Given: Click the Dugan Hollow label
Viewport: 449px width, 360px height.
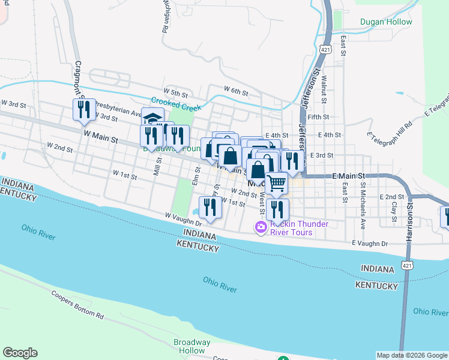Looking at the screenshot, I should tap(386, 22).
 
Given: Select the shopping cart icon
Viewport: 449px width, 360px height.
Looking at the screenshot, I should tap(276, 183).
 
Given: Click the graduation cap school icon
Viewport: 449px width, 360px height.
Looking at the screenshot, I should tap(152, 116).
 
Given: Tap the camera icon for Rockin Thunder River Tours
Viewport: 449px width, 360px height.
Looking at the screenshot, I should tap(261, 227).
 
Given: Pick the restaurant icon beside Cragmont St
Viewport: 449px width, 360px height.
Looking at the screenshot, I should tap(83, 109).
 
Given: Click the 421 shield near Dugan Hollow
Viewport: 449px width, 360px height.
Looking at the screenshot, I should tap(325, 49).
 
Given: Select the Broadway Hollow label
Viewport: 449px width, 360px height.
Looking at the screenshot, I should tap(192, 346).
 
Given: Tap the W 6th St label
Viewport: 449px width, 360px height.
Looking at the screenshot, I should tap(236, 91).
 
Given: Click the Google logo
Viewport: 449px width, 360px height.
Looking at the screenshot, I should tap(20, 353).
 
